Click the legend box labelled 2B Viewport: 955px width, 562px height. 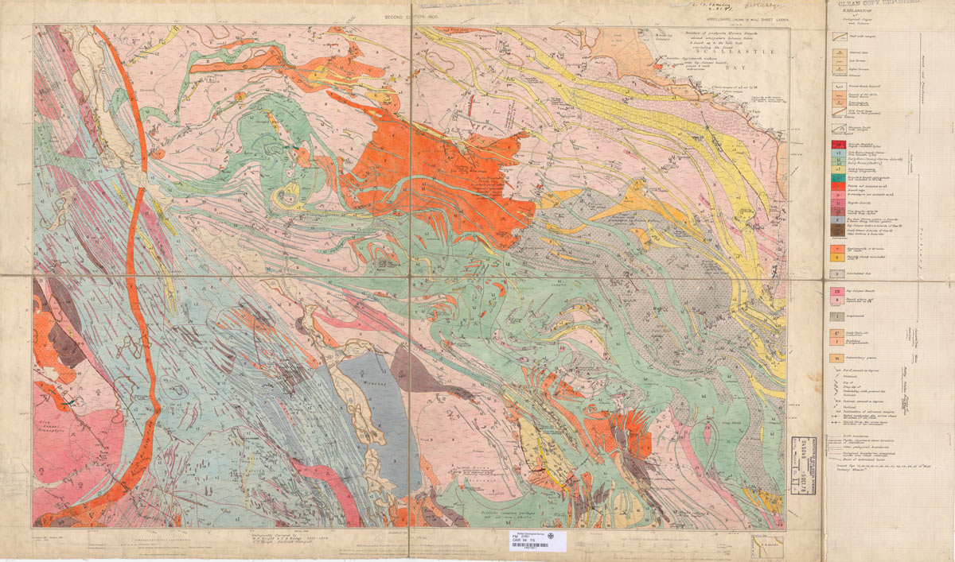tap(836, 292)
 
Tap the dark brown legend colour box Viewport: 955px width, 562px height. tap(836, 230)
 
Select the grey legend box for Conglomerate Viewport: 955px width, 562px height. tap(836, 316)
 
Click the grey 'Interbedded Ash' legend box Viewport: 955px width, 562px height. tap(836, 273)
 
